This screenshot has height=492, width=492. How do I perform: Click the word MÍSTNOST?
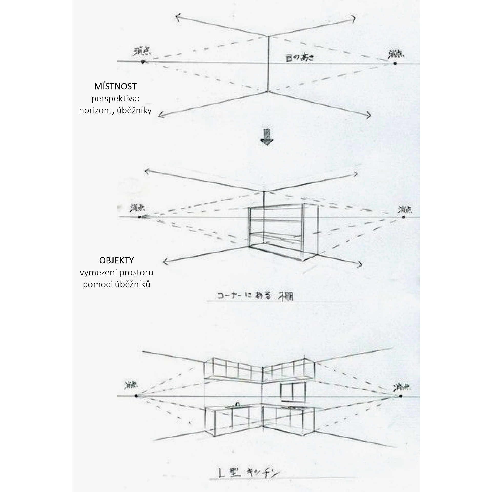click(x=115, y=87)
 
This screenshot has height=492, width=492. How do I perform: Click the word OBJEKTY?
click(x=117, y=260)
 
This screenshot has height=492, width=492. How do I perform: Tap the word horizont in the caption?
click(x=96, y=110)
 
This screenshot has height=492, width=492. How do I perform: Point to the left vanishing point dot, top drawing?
click(x=143, y=62)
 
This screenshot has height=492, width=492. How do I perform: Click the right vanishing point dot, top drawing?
click(x=395, y=63)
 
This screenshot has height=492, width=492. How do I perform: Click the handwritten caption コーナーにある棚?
click(x=255, y=296)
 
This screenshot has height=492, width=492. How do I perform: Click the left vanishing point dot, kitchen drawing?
click(x=136, y=396)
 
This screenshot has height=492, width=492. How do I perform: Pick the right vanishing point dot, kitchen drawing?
click(x=401, y=396)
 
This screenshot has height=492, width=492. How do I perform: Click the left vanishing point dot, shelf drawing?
click(x=139, y=217)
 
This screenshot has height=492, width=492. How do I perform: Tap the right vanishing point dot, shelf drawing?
click(x=403, y=217)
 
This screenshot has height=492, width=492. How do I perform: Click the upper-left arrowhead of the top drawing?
click(x=177, y=16)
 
